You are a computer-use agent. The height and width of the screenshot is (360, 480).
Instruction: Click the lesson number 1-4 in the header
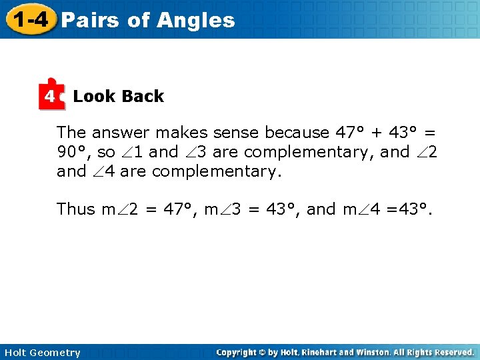[29, 19]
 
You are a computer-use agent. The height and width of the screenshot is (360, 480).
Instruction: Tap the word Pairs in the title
[89, 20]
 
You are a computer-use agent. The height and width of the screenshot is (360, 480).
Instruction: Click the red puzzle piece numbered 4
[51, 97]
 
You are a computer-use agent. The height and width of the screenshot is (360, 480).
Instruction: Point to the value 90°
[71, 152]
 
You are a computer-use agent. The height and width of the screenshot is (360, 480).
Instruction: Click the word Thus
[76, 209]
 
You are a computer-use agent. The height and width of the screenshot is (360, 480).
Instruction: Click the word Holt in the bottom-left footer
[16, 353]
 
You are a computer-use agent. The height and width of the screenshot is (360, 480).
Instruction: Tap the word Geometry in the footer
[56, 353]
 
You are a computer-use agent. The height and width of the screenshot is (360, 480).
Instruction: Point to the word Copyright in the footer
[238, 352]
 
